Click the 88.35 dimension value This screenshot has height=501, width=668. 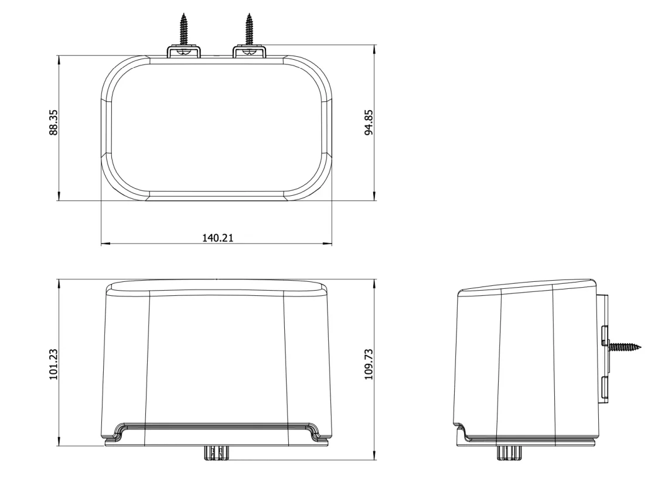click(x=53, y=122)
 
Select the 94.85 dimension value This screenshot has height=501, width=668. click(x=369, y=122)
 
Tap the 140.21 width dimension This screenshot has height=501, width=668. click(x=217, y=237)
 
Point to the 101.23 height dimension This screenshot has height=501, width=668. click(x=53, y=364)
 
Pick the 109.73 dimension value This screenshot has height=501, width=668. click(x=369, y=364)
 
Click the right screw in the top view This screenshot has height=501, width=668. click(x=250, y=29)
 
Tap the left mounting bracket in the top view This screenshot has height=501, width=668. click(x=184, y=53)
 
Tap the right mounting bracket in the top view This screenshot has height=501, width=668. click(x=250, y=53)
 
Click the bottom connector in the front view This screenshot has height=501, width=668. click(x=216, y=453)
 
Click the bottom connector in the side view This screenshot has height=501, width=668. click(x=509, y=453)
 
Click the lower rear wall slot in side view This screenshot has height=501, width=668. click(x=604, y=388)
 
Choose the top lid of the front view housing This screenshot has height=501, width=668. click(x=217, y=287)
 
